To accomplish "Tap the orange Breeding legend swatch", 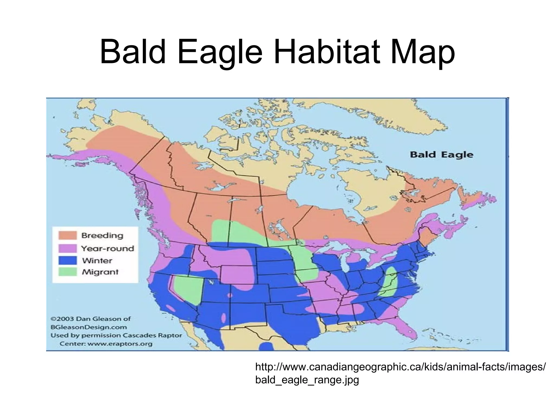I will pyautogui.click(x=67, y=235).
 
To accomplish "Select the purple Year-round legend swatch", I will pyautogui.click(x=67, y=248).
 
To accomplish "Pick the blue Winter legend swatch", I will pyautogui.click(x=67, y=260).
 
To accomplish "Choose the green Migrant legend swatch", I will pyautogui.click(x=67, y=272).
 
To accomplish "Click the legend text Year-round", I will pyautogui.click(x=108, y=248).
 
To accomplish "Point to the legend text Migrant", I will pyautogui.click(x=100, y=272).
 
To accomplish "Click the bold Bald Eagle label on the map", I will pyautogui.click(x=441, y=155).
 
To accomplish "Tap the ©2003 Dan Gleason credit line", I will pyautogui.click(x=91, y=319).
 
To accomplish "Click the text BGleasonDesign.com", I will pyautogui.click(x=89, y=327).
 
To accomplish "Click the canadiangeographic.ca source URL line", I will pyautogui.click(x=400, y=367).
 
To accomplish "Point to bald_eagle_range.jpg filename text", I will pyautogui.click(x=307, y=380).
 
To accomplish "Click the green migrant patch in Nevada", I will pyautogui.click(x=188, y=289).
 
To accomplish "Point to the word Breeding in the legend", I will pyautogui.click(x=102, y=235).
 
